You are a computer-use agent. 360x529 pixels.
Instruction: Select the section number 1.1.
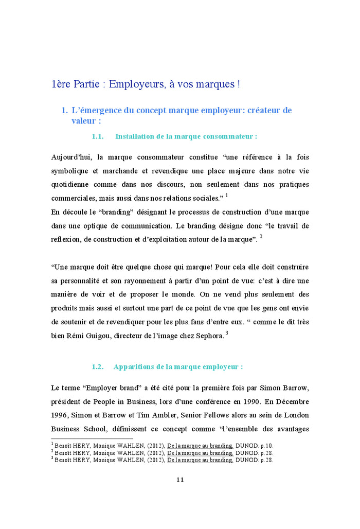point(98,136)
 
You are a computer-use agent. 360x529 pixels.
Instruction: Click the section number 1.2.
point(98,367)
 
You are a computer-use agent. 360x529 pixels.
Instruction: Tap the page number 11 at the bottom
point(180,480)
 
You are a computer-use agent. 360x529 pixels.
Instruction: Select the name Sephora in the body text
point(208,336)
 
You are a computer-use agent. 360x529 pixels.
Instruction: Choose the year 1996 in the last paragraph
point(60,415)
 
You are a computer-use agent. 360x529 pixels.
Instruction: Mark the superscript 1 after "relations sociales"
point(227,196)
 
